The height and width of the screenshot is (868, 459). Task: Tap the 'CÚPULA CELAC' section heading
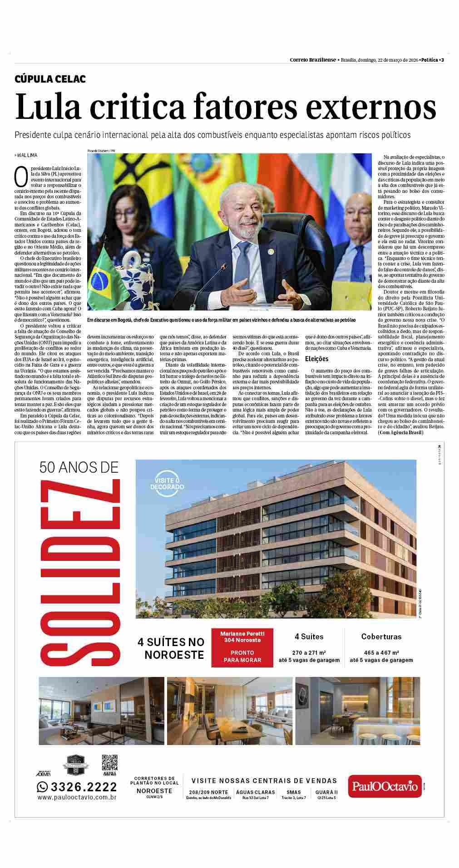point(50,79)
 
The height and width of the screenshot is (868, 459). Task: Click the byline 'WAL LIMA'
point(28,156)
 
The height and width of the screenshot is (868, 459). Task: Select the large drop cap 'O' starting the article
point(21,177)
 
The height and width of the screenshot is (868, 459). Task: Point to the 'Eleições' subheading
point(316,359)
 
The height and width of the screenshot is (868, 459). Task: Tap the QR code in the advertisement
point(109,763)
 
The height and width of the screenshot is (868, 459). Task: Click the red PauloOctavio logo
point(385,786)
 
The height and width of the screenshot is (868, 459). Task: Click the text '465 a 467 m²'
point(381,652)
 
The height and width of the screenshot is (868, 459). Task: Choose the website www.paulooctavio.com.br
point(77,797)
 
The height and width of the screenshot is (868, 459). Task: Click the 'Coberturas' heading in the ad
point(381,637)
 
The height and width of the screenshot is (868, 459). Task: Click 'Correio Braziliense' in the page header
point(313,60)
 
